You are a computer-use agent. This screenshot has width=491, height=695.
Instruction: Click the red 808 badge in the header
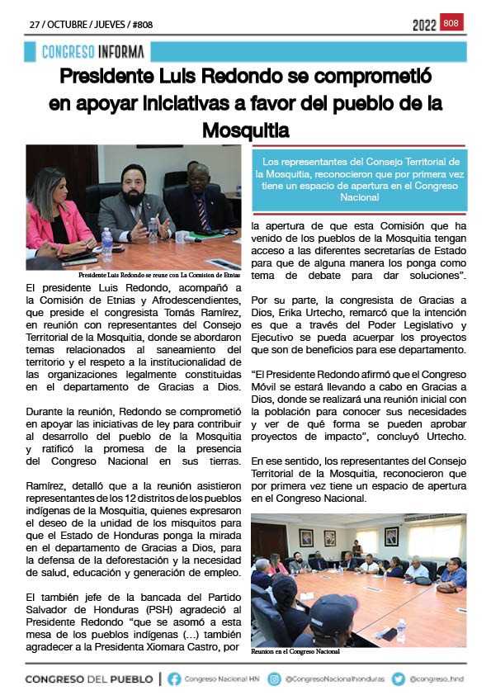click(x=452, y=23)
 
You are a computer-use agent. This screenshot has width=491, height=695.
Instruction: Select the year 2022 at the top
click(x=424, y=26)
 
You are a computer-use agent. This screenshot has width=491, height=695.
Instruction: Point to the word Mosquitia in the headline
click(x=246, y=130)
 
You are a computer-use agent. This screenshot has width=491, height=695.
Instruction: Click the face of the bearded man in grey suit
click(x=135, y=182)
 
